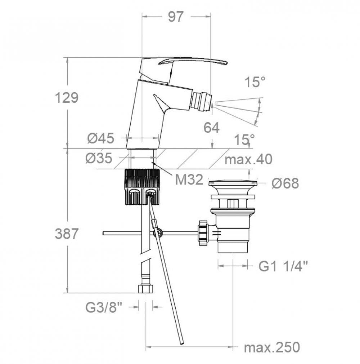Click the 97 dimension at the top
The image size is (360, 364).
[176, 17]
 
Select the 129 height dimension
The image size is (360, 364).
[67, 98]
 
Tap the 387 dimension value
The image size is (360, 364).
[67, 234]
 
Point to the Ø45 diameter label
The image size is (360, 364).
[101, 138]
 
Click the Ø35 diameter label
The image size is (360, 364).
[99, 158]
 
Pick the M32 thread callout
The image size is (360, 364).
[189, 180]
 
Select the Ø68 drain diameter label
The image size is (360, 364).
[285, 183]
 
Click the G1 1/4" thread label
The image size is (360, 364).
[283, 266]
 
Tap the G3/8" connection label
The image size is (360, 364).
[103, 307]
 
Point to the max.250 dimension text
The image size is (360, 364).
[272, 347]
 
